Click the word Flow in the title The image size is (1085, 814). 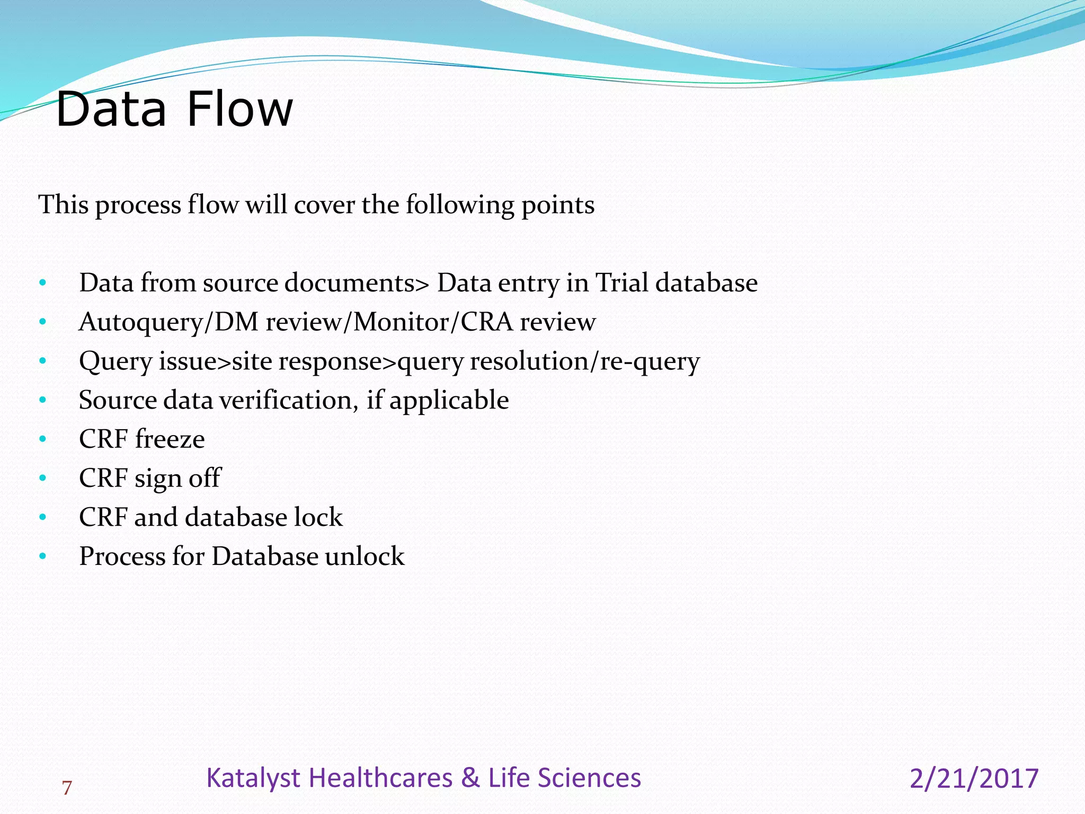tap(239, 110)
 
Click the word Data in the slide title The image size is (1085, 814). tap(111, 110)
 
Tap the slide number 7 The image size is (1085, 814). tap(67, 789)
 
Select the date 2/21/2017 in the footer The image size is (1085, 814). tap(974, 779)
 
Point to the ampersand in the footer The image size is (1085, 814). tap(470, 778)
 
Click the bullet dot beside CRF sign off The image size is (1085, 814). tap(43, 479)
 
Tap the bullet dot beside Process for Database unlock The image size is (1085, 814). tap(43, 556)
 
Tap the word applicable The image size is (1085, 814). tap(449, 401)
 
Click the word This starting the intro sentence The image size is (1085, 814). tap(64, 205)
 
